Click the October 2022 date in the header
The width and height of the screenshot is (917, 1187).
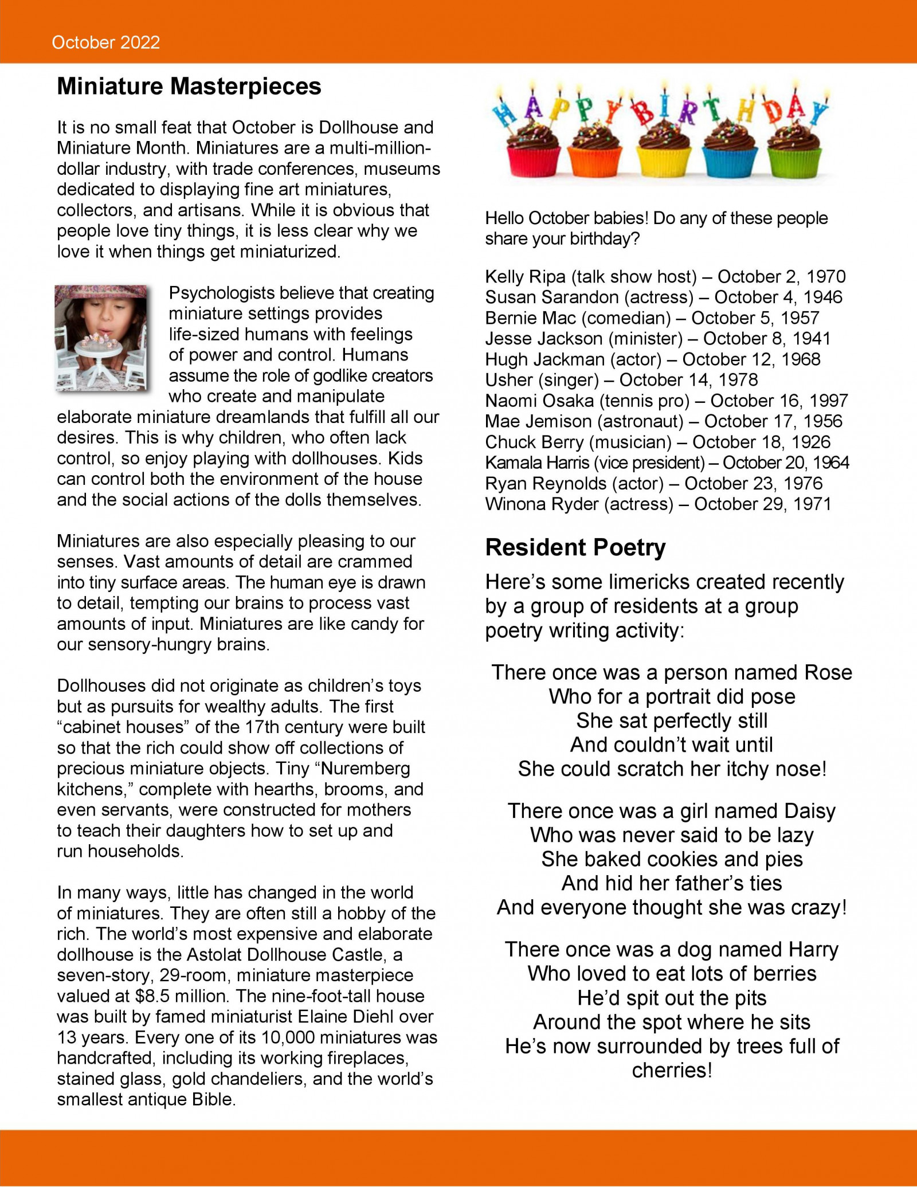105,42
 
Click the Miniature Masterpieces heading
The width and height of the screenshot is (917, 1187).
189,87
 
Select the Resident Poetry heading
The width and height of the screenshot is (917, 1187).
575,547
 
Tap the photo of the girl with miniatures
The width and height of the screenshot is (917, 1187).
101,338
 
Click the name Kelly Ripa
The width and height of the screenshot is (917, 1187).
525,277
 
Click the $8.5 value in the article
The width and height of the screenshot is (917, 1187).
152,996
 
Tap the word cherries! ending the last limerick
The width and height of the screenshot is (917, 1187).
672,1070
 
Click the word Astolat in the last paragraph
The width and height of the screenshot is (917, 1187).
230,955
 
